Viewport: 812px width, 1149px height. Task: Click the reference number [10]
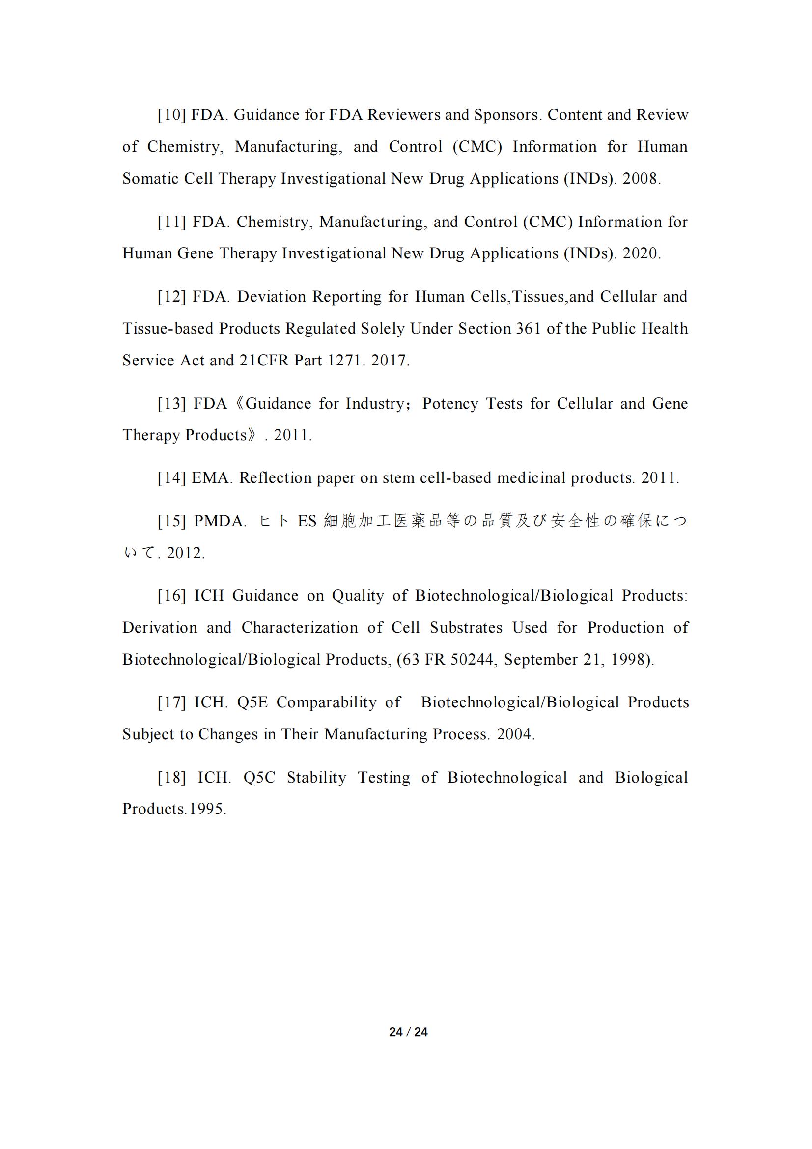[171, 115]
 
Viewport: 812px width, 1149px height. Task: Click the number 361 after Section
[525, 329]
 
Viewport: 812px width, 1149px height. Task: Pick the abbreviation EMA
[211, 478]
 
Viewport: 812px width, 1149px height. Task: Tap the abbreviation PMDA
[219, 522]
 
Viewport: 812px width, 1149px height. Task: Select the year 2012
[184, 554]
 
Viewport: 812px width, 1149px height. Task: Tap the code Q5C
[259, 778]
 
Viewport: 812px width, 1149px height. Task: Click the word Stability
[316, 778]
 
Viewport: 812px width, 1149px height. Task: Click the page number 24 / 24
[408, 1032]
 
